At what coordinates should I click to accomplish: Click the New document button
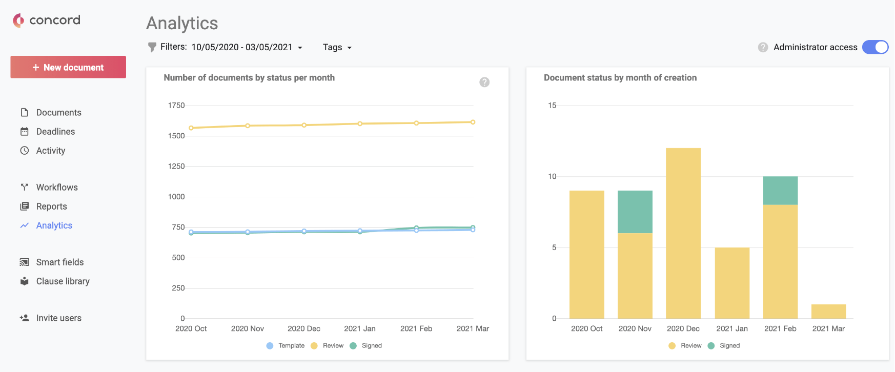point(68,67)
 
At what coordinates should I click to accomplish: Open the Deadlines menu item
point(55,132)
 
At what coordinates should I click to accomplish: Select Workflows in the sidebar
point(56,188)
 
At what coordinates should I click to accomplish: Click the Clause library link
point(63,281)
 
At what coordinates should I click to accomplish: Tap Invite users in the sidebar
point(58,318)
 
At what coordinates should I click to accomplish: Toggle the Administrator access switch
point(875,47)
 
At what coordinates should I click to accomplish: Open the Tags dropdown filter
point(337,47)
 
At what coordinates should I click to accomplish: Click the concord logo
point(47,20)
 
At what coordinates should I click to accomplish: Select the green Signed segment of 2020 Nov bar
point(635,212)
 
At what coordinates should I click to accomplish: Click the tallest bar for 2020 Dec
point(683,233)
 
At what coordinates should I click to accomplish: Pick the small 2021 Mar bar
point(828,312)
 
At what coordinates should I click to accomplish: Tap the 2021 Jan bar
point(732,283)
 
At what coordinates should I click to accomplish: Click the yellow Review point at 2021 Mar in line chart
point(473,122)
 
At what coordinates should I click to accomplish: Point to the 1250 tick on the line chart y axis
point(176,167)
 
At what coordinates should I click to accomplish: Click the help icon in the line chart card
point(484,82)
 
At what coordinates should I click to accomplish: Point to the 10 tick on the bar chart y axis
point(552,177)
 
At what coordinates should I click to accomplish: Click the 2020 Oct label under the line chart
point(191,328)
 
